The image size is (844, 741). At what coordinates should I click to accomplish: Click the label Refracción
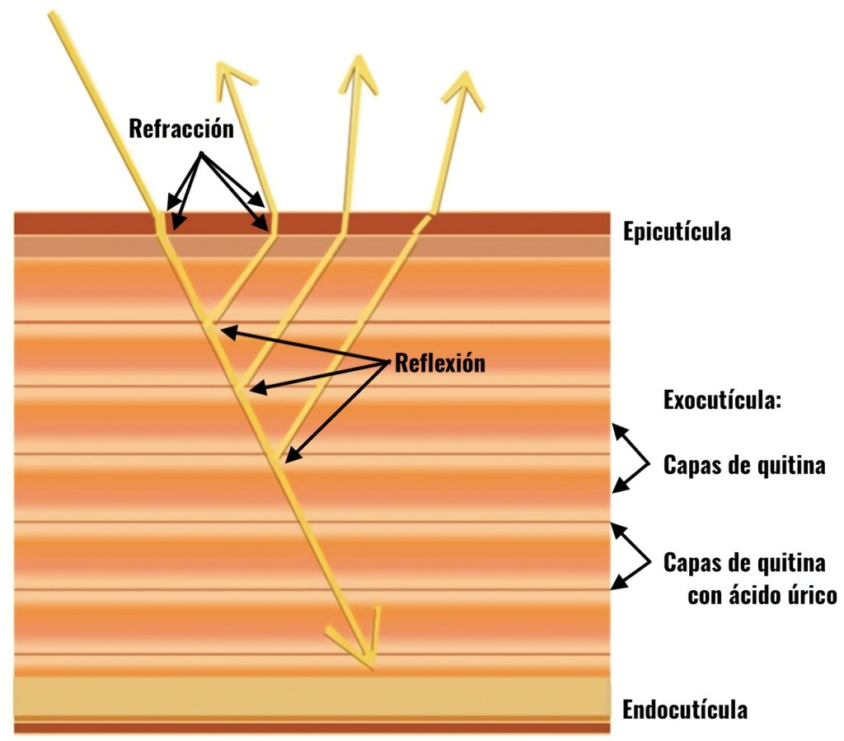point(181,129)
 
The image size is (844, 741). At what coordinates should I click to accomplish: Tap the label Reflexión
point(440,363)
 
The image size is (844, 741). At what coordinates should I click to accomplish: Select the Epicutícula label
point(677,231)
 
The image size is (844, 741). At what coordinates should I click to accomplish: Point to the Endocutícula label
point(685,710)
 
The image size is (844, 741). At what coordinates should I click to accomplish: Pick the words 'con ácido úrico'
point(762,594)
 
